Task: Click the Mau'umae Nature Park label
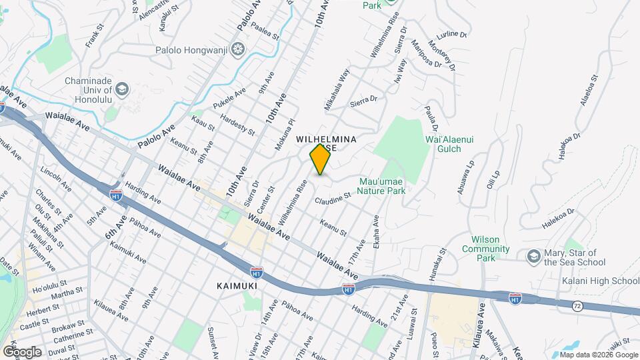click(381, 185)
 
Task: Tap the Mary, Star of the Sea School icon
click(533, 256)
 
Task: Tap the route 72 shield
click(578, 304)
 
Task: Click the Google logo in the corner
click(21, 351)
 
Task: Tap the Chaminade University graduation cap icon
click(122, 88)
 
